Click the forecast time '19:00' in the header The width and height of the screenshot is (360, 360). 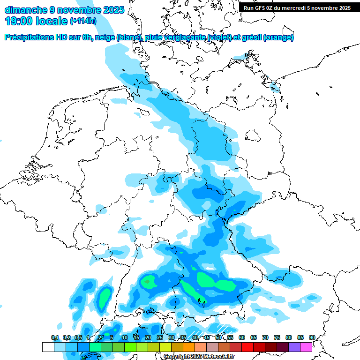coord(19,21)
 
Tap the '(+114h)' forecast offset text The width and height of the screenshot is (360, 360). coord(84,21)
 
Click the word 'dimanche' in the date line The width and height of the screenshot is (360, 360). coord(24,9)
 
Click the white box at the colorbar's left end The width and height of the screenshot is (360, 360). coord(48,347)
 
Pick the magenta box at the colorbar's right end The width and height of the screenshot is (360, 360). coord(306,347)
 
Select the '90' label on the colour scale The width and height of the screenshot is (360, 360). coord(312,337)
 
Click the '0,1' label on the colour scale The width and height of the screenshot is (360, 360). coord(54,337)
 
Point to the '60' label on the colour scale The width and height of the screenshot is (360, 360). coord(241,337)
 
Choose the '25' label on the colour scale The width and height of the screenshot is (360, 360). coord(159,337)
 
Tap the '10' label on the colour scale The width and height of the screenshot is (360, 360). coord(124,337)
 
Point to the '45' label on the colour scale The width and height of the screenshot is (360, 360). coord(206,337)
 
